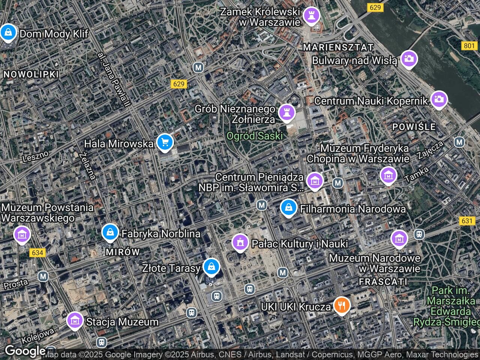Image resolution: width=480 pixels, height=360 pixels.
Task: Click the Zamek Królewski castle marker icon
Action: (x=311, y=15)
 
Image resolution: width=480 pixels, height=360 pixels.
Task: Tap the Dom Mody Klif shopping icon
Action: (x=8, y=33)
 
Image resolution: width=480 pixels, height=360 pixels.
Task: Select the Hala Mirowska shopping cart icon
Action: (x=165, y=142)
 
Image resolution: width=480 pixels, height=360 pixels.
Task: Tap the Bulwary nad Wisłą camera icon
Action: (x=409, y=59)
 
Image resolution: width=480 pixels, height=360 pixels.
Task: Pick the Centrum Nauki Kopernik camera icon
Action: (x=439, y=100)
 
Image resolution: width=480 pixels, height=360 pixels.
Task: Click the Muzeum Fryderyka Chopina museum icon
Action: (x=388, y=175)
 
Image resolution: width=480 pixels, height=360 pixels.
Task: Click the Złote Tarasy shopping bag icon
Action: (x=211, y=267)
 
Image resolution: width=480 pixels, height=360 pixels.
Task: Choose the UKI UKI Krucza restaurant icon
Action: (x=342, y=305)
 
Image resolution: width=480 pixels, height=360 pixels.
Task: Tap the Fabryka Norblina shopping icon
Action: (x=110, y=232)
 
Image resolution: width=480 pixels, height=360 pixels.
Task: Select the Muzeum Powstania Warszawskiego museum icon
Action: (x=22, y=234)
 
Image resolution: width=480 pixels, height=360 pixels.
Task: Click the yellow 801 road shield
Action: (x=469, y=46)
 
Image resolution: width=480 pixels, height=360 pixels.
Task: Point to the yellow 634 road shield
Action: (x=37, y=253)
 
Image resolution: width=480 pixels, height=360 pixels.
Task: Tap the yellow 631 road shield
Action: (x=467, y=221)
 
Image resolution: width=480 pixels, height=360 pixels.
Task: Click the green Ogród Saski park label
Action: (x=255, y=136)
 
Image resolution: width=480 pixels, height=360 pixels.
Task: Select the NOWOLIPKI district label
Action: (x=31, y=74)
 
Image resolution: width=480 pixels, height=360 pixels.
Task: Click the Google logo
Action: (x=25, y=351)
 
